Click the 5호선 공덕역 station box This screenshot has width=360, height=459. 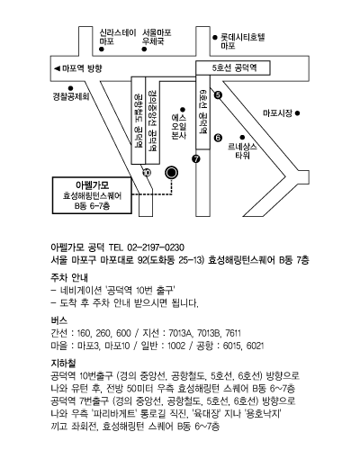click(233, 67)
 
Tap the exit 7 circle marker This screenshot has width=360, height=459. click(196, 159)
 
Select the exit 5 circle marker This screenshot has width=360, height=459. click(218, 95)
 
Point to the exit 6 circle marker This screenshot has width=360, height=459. click(218, 138)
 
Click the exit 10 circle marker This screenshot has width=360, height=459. click(147, 173)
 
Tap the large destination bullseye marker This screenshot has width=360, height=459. click(172, 173)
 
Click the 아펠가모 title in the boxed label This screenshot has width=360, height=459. click(92, 185)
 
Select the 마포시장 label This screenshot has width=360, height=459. click(277, 113)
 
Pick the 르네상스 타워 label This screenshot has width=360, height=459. click(242, 151)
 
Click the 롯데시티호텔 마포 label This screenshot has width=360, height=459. click(243, 41)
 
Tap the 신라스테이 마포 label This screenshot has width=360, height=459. click(118, 37)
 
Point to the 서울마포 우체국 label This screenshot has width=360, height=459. click(157, 37)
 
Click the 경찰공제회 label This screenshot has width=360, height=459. click(71, 96)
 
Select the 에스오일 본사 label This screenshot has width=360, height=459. click(179, 126)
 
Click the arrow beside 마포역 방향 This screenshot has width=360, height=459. click(57, 68)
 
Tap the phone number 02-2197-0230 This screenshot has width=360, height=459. click(156, 247)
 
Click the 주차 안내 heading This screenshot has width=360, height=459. click(69, 277)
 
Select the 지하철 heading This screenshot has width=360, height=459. click(63, 364)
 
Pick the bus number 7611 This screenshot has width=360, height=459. click(233, 333)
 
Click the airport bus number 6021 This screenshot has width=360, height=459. click(255, 346)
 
